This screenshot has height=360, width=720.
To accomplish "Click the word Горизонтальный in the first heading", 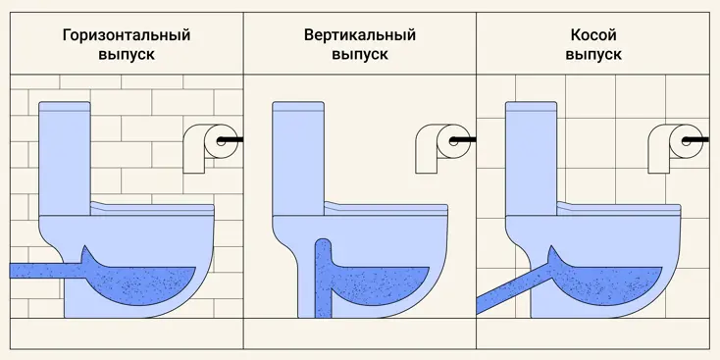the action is tap(127, 35).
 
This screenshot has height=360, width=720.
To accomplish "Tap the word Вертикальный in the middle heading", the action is tap(360, 35).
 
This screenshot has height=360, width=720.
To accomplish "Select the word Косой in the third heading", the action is tap(593, 35).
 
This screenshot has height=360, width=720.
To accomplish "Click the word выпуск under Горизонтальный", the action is tap(127, 55).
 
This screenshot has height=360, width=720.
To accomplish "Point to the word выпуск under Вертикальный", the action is tap(360, 55).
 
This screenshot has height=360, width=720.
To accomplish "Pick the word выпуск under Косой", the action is tap(593, 55).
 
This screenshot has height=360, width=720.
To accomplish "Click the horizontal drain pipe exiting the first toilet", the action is tap(46, 271).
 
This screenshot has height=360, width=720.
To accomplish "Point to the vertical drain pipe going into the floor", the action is tap(323, 279).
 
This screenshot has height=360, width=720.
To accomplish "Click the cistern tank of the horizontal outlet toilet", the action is tap(65, 158).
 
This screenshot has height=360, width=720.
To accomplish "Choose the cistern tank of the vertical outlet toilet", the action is tap(298, 158).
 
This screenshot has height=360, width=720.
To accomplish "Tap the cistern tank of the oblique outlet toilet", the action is tap(532, 158).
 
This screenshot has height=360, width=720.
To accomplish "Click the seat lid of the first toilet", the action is tap(152, 209).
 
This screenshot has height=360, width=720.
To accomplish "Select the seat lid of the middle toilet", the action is tap(386, 209).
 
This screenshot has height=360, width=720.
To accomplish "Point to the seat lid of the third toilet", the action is tap(619, 209).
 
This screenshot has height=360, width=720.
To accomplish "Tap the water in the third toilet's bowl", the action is tap(611, 283).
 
